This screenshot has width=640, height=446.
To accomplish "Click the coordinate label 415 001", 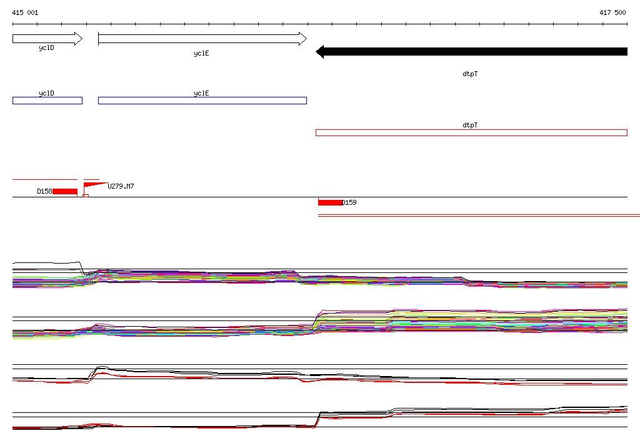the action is (x=25, y=12).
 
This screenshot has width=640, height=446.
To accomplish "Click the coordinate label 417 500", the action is (x=612, y=12).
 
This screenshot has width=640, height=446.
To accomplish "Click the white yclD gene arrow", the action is (x=47, y=39).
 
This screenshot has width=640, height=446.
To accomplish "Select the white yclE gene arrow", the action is (x=202, y=39).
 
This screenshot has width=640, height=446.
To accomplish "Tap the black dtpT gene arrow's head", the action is (x=319, y=52).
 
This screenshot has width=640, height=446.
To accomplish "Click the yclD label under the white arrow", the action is (x=46, y=47).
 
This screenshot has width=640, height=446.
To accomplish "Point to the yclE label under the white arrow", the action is (x=201, y=54).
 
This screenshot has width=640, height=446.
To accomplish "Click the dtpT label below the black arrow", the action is (x=470, y=74).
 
